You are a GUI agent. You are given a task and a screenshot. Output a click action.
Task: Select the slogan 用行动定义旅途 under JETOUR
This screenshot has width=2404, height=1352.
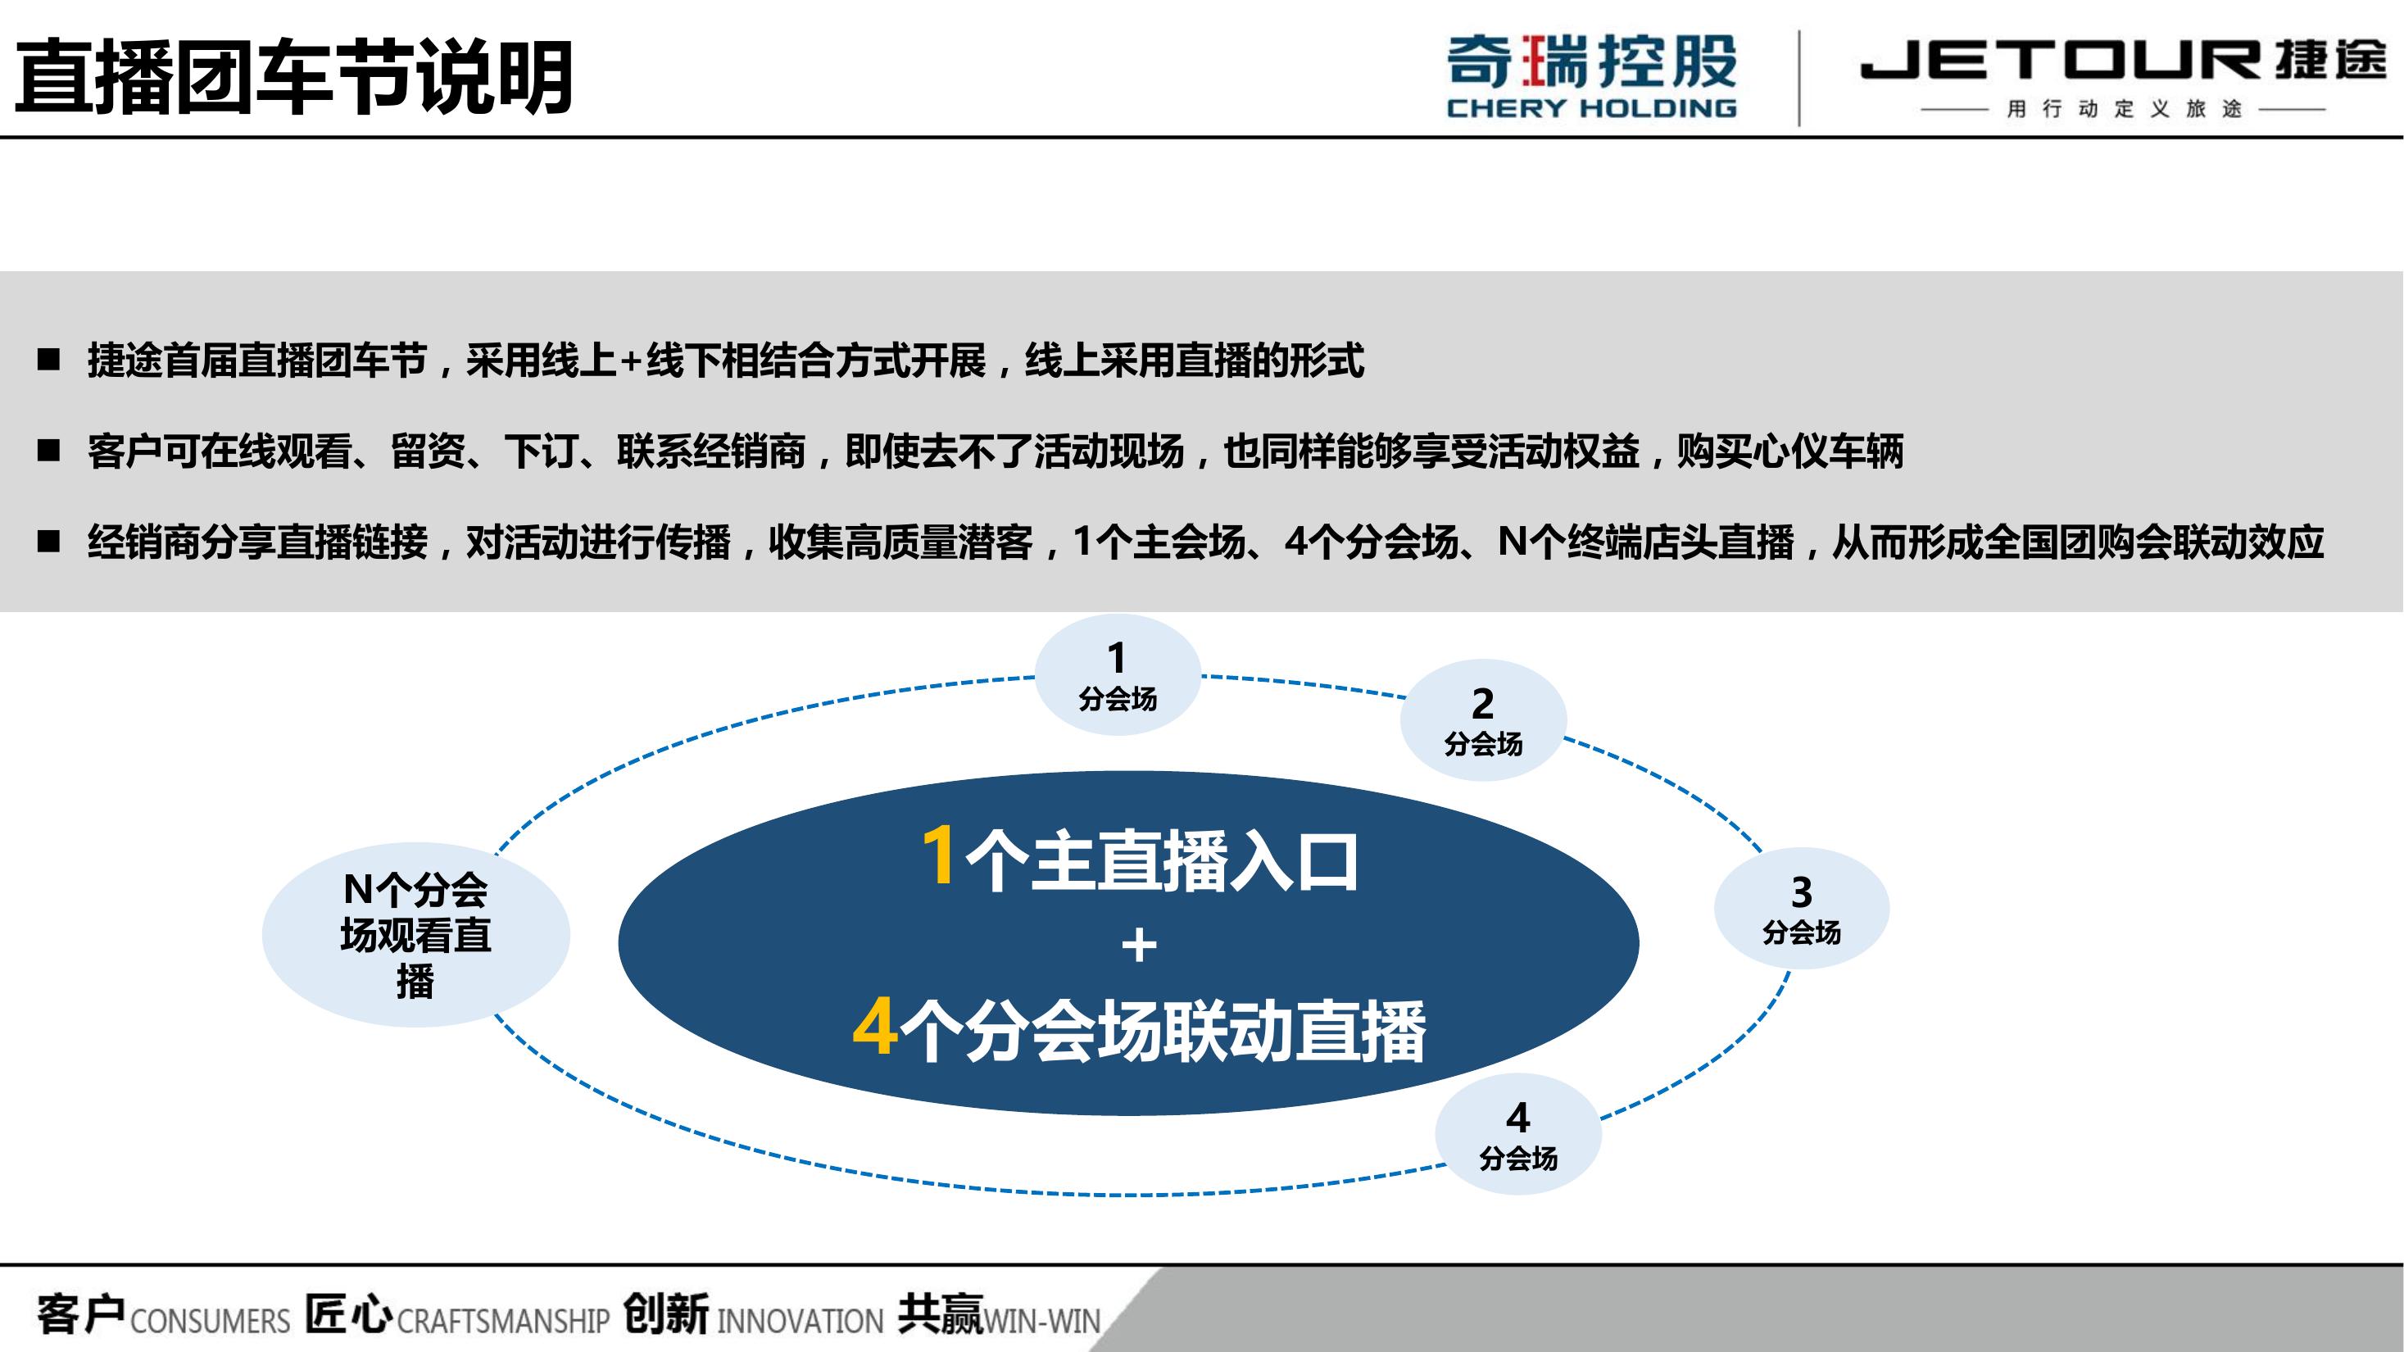[x=2124, y=109]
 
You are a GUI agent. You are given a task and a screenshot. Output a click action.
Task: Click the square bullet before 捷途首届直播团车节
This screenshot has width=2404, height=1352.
[x=48, y=361]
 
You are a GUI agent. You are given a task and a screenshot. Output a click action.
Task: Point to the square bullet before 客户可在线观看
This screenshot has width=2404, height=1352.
[x=48, y=451]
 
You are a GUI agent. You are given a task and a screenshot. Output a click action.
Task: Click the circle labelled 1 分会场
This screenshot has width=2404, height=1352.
[x=1117, y=674]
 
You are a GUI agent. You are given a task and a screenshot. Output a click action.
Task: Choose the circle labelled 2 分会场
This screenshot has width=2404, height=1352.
[x=1483, y=720]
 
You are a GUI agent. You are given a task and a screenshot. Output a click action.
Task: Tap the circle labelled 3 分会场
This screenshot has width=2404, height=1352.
[x=1801, y=909]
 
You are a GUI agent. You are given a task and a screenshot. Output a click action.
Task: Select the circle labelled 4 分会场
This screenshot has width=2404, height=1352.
[x=1518, y=1135]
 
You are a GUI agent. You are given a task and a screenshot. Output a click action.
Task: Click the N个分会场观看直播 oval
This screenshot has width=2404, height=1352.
[x=416, y=935]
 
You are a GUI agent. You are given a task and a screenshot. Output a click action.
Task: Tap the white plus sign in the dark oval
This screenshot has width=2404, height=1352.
[x=1139, y=946]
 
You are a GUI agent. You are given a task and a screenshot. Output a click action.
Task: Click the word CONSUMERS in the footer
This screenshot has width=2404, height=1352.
[x=211, y=1321]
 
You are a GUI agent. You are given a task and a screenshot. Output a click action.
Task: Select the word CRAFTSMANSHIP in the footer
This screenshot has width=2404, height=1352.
[x=503, y=1321]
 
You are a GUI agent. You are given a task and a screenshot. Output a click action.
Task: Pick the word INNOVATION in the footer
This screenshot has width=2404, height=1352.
[x=800, y=1321]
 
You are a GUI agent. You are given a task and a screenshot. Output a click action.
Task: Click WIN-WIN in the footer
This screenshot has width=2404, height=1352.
[x=1042, y=1321]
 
